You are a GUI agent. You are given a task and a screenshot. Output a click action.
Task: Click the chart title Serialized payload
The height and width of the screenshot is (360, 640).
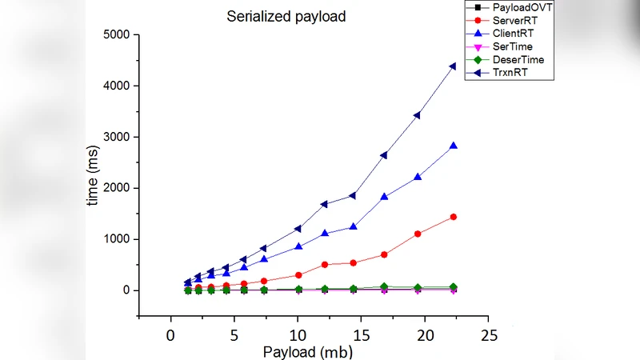tap(286, 16)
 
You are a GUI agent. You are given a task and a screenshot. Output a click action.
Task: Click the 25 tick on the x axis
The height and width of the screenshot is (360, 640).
tap(489, 334)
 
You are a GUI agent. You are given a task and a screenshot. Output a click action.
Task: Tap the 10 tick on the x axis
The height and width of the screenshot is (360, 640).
tap(298, 334)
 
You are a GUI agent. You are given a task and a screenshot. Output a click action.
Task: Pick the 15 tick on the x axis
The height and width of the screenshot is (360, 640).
tap(362, 334)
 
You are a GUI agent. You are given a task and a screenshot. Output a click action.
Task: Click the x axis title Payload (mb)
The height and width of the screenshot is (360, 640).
tap(308, 351)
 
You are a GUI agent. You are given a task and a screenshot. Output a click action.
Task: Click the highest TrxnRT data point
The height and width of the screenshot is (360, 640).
tap(453, 66)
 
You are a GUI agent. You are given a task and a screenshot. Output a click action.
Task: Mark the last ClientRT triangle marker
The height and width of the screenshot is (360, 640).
tap(454, 146)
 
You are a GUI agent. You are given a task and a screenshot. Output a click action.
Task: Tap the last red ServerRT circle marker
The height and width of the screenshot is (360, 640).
tap(454, 217)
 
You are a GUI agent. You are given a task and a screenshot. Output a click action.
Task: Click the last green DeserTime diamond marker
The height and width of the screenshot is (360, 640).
tap(454, 286)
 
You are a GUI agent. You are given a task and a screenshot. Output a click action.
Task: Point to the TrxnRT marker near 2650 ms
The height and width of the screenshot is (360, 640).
tap(384, 155)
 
